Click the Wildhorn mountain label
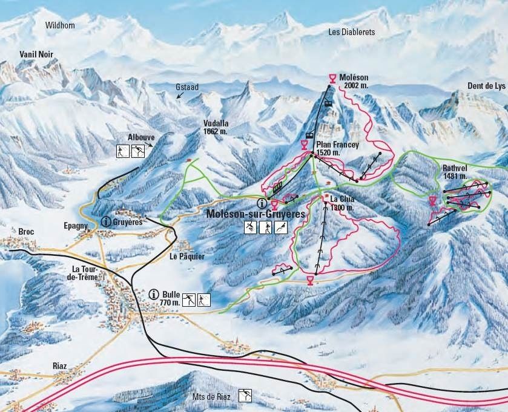[62, 25]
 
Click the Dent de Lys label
[486, 87]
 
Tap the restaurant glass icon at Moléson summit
[332, 77]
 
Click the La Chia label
[343, 198]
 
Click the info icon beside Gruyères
[106, 222]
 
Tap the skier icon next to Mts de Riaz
[245, 396]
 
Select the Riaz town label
[60, 366]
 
